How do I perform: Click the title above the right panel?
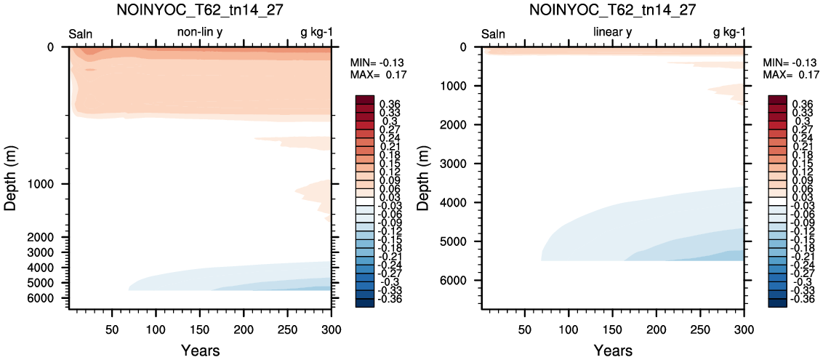(613, 10)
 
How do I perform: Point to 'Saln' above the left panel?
(81, 34)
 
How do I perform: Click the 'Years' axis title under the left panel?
(200, 350)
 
